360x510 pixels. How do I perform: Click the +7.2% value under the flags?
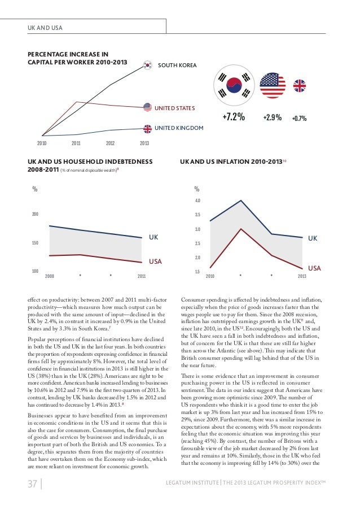pyautogui.click(x=233, y=117)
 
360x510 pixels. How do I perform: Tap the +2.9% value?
pyautogui.click(x=272, y=118)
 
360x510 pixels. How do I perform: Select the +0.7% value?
pyautogui.click(x=299, y=119)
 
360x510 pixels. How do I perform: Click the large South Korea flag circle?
pyautogui.click(x=233, y=86)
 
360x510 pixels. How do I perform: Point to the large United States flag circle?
pyautogui.click(x=273, y=86)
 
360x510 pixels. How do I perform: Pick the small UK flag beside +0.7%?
pyautogui.click(x=299, y=86)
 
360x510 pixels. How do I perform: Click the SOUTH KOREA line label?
pyautogui.click(x=177, y=66)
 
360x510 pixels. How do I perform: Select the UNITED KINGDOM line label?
pyautogui.click(x=179, y=129)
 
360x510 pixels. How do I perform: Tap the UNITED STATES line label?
pyautogui.click(x=175, y=107)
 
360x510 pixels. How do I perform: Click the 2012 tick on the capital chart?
pyautogui.click(x=110, y=143)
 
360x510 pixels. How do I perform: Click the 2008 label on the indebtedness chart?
pyautogui.click(x=49, y=276)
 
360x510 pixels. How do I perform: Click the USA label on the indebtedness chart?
pyautogui.click(x=155, y=262)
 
